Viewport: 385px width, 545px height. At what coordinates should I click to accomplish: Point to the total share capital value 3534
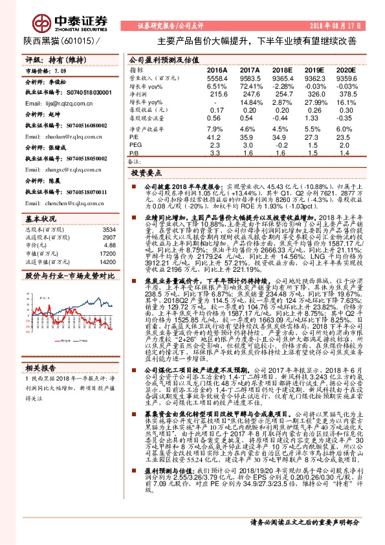[110, 211]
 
